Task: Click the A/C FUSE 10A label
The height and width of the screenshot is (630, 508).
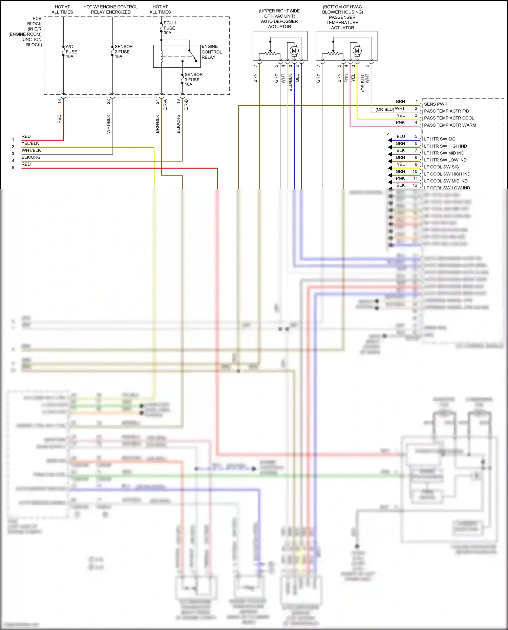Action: click(x=71, y=51)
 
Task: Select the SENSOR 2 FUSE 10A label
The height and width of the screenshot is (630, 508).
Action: click(x=123, y=51)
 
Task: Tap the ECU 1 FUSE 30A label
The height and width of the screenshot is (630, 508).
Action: click(x=169, y=28)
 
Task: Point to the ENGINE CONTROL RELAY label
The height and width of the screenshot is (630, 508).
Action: click(x=211, y=52)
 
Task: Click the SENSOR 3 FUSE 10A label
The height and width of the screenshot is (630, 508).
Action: click(x=193, y=80)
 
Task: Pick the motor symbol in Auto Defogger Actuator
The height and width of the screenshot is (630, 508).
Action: click(x=294, y=51)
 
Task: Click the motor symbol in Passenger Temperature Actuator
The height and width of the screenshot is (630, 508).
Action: click(x=357, y=51)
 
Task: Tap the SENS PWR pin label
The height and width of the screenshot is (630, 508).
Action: click(x=436, y=104)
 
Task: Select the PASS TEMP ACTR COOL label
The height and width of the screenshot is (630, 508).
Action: click(x=449, y=118)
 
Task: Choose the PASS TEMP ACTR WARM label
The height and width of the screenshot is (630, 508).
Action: click(x=450, y=125)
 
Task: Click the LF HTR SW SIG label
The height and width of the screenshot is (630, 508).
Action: click(x=440, y=139)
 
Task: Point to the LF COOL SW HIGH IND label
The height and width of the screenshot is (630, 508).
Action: click(x=447, y=174)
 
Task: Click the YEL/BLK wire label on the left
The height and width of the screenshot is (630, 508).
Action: click(x=30, y=143)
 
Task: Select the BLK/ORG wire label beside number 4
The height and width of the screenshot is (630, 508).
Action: click(x=31, y=157)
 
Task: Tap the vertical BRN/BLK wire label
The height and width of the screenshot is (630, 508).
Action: click(x=157, y=124)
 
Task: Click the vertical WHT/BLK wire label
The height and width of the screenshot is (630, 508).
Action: click(x=109, y=124)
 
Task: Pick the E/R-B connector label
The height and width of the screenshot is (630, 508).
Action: click(x=186, y=105)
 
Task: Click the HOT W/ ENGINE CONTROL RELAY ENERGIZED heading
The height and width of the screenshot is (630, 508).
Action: click(x=110, y=9)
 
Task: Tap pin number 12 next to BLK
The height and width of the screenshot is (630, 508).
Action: click(x=415, y=185)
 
